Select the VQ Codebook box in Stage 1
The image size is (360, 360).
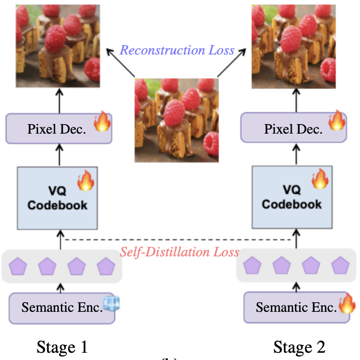pos(57,198)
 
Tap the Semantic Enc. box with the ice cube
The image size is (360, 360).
pos(61,308)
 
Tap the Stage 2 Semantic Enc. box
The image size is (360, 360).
pos(296,308)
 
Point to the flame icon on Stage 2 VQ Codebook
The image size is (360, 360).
pos(320,179)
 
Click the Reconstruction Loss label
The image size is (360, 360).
pos(177,50)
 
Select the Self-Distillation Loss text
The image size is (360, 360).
pos(179,252)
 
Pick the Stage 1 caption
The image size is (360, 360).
pos(62,347)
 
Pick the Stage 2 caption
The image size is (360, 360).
pos(299,347)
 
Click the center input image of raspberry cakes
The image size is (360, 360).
pos(176,120)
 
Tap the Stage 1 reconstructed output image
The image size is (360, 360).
pos(58,45)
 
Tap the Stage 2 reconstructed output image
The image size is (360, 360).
pos(294,45)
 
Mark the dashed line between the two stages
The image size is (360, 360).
pos(177,240)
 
